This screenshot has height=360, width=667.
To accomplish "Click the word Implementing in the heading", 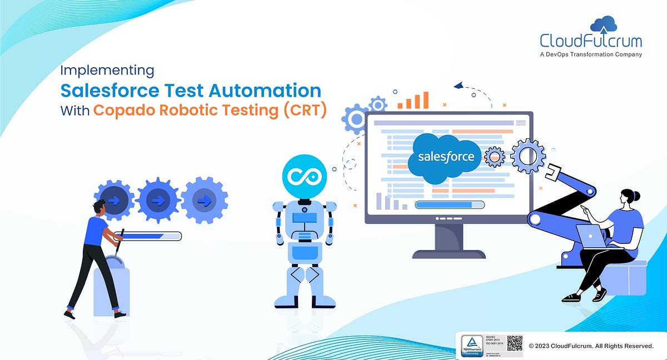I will click(106, 71).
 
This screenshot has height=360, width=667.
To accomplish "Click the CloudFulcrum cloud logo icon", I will click(604, 25).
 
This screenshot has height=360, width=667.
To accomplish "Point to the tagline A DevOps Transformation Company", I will click(591, 54).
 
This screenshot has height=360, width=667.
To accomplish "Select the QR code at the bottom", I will click(515, 344).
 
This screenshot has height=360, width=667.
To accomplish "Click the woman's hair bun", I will click(636, 196).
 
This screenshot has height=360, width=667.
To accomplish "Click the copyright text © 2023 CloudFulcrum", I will click(590, 346).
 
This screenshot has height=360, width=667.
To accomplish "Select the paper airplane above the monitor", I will click(459, 86).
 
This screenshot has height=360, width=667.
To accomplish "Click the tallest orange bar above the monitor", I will click(426, 100).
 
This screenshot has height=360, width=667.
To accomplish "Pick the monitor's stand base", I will click(449, 253).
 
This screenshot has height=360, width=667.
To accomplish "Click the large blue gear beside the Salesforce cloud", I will click(527, 156).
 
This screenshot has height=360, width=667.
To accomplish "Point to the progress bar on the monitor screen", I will click(450, 204).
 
